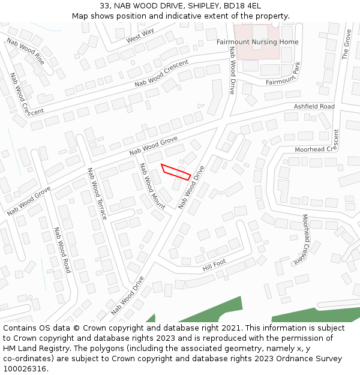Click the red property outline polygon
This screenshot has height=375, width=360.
click(x=176, y=172)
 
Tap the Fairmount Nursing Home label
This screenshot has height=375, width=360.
click(x=257, y=42)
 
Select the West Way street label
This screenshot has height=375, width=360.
click(x=140, y=35)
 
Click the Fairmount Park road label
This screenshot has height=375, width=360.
click(x=283, y=77)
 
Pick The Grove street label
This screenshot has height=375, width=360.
click(x=346, y=46)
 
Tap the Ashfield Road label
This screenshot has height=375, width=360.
click(x=314, y=106)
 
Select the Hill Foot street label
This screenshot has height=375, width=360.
click(x=214, y=264)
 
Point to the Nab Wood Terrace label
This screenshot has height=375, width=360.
click(x=97, y=193)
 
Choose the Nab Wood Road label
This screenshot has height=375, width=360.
click(x=62, y=250)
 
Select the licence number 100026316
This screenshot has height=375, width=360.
click(x=24, y=369)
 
